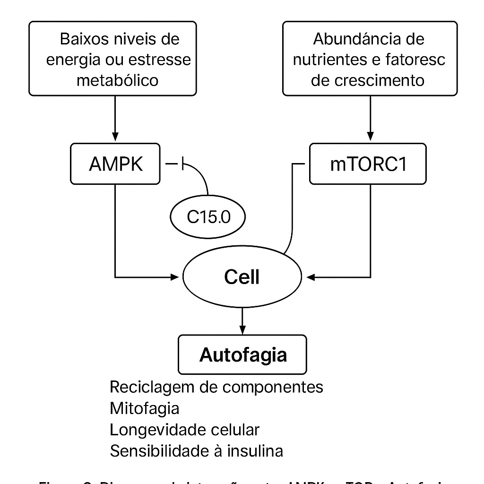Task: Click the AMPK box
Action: click(116, 164)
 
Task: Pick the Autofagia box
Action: click(242, 354)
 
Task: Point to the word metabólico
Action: click(117, 80)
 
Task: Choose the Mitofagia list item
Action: click(144, 408)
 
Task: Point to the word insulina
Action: click(256, 451)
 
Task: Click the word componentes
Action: click(273, 387)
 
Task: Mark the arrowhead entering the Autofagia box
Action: click(242, 330)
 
